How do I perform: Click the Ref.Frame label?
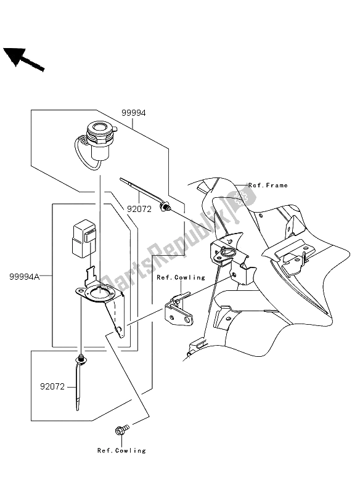click(x=268, y=185)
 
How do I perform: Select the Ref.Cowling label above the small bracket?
click(x=180, y=277)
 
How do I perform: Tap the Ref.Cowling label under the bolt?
click(x=121, y=450)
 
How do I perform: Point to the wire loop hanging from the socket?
click(x=80, y=158)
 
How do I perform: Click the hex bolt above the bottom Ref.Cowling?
click(x=120, y=431)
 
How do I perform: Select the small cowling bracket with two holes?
click(x=179, y=312)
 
